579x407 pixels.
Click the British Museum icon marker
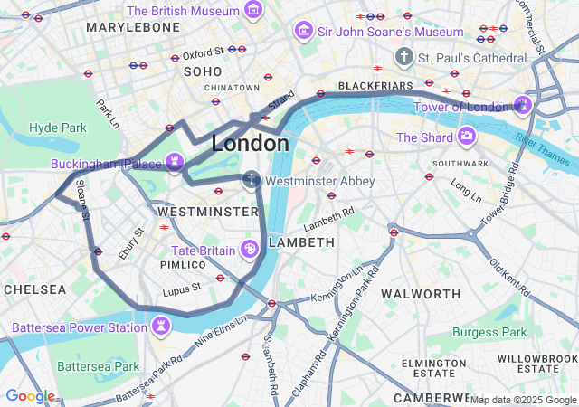(253, 12)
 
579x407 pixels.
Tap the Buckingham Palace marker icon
(175, 164)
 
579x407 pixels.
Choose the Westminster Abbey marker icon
(251, 181)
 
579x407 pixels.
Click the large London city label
(251, 144)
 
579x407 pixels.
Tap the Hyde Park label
(57, 128)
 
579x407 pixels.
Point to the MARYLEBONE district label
(133, 27)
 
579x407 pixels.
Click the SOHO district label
(203, 71)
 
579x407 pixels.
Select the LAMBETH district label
(302, 242)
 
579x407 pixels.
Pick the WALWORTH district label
(421, 294)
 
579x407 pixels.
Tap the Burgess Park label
(489, 332)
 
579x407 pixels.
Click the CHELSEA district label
(35, 289)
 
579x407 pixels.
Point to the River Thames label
(544, 148)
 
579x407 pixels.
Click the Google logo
(30, 396)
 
